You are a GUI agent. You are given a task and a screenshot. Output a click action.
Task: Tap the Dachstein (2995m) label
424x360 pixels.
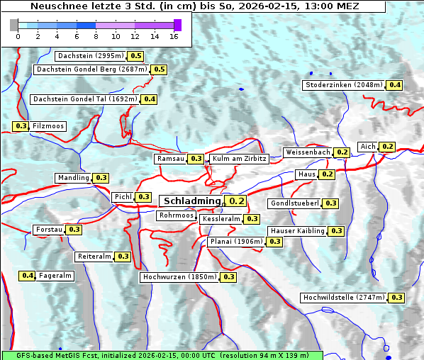(x=90, y=56)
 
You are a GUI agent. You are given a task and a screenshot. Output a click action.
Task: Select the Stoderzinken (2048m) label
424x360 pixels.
(x=343, y=85)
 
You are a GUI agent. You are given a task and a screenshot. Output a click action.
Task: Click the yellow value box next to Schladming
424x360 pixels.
(x=237, y=201)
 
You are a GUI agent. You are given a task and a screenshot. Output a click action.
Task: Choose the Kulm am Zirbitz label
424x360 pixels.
(x=239, y=159)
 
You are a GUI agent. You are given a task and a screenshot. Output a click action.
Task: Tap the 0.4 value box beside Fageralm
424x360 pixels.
(x=28, y=276)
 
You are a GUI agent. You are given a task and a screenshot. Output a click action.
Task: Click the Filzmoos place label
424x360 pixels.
(x=48, y=126)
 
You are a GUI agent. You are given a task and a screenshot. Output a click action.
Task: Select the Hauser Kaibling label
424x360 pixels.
(x=297, y=231)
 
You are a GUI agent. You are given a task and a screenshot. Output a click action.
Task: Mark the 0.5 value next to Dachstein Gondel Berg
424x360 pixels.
(x=159, y=69)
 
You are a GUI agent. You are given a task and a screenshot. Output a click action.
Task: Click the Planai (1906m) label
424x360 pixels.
(x=236, y=242)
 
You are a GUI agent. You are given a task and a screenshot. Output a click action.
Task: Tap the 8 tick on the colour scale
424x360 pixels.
(x=96, y=36)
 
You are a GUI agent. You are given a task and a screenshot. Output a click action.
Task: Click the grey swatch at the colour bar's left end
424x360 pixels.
(x=14, y=25)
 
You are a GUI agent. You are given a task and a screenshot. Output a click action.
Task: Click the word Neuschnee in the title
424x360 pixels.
(x=55, y=6)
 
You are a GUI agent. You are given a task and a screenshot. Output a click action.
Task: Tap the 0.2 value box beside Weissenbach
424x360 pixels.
(x=342, y=152)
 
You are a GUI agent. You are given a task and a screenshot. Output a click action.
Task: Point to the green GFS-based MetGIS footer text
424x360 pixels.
(x=162, y=355)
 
